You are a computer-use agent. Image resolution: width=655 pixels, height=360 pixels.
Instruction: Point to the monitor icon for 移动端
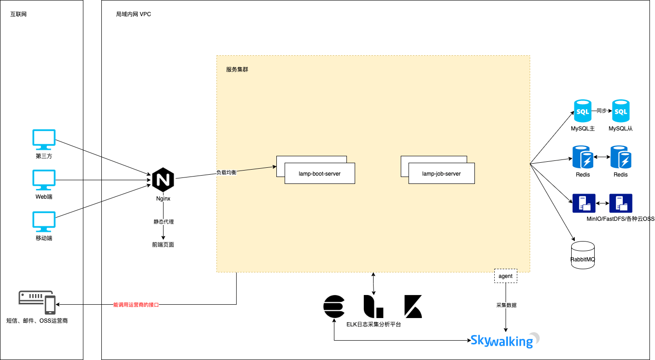(x=44, y=222)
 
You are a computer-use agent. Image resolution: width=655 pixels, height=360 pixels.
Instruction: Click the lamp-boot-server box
(x=320, y=174)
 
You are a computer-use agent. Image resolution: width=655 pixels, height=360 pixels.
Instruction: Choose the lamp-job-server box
(x=441, y=174)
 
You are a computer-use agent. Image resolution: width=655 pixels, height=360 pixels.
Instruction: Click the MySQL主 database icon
(x=582, y=111)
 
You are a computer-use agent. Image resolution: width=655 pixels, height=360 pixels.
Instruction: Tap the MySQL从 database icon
(x=620, y=111)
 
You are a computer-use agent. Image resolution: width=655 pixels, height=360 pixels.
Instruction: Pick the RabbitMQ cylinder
(x=583, y=255)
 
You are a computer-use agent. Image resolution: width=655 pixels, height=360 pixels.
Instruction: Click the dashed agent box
(x=505, y=276)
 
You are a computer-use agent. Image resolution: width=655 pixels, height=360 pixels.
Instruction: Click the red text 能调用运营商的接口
(x=136, y=305)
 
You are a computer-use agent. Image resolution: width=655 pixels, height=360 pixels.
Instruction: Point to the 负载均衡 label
(x=226, y=172)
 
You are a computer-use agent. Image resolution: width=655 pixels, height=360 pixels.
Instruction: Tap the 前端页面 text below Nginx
(x=163, y=245)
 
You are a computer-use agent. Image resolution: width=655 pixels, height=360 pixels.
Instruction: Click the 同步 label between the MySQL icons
(x=602, y=111)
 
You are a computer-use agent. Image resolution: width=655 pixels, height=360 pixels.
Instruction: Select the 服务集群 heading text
(x=237, y=70)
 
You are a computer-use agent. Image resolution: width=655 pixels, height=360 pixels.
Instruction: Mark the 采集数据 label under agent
(x=506, y=305)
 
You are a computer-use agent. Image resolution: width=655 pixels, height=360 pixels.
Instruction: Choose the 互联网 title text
(x=19, y=14)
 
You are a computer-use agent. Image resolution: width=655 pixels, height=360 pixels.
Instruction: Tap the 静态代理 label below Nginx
(x=164, y=222)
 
